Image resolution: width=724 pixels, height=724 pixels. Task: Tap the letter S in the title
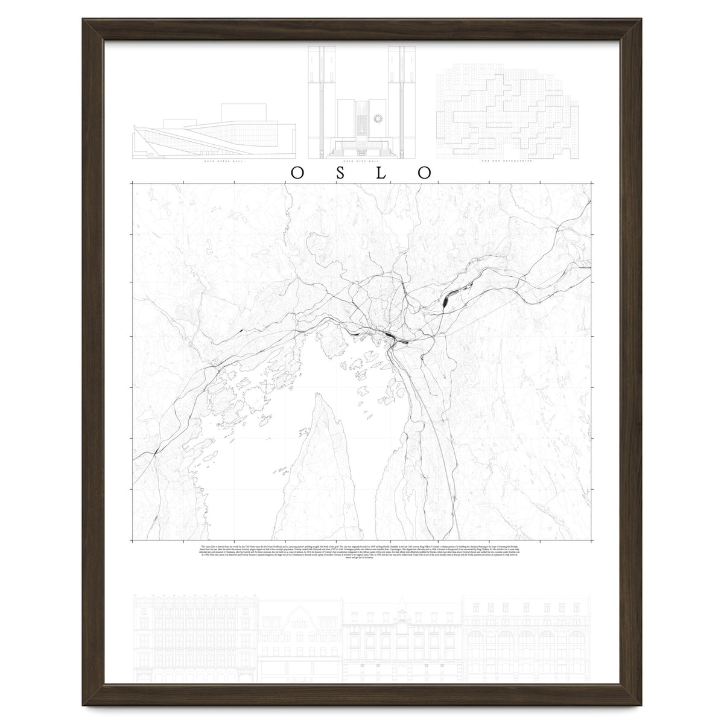[340, 172]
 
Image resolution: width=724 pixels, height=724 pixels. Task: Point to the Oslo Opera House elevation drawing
[214, 136]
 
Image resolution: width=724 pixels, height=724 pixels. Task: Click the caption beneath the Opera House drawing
[215, 162]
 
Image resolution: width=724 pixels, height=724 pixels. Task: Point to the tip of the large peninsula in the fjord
[319, 395]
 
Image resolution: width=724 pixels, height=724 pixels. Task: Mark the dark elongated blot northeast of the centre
[446, 298]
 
